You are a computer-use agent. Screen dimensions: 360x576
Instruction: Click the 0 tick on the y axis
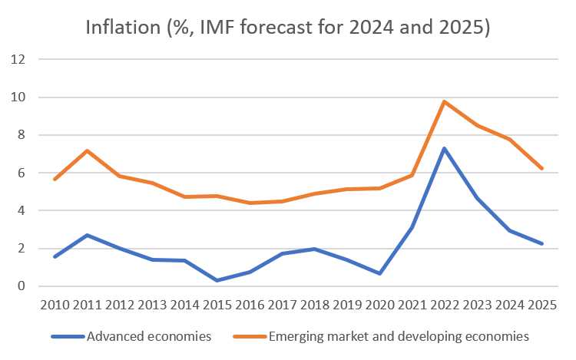(x=22, y=286)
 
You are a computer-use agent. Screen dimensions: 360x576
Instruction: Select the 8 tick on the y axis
(x=22, y=135)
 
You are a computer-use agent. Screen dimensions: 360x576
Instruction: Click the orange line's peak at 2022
(x=445, y=101)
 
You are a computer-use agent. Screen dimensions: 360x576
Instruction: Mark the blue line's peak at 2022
(x=445, y=148)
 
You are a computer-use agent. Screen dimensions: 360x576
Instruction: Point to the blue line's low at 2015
(x=217, y=280)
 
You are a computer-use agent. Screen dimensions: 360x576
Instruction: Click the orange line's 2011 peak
(x=88, y=150)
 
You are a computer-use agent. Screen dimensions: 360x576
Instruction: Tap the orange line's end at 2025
(x=542, y=169)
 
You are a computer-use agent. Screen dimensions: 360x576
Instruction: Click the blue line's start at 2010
(x=55, y=256)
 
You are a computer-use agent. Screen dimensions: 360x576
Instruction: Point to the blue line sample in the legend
(x=68, y=336)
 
